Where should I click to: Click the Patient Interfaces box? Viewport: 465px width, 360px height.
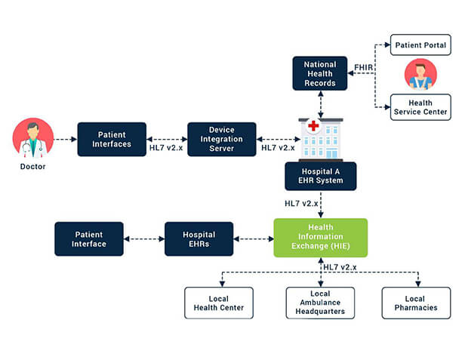[112, 139]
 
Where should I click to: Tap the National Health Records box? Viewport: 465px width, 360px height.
[320, 73]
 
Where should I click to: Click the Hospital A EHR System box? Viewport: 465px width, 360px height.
[320, 176]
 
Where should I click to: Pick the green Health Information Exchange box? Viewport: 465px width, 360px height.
[320, 238]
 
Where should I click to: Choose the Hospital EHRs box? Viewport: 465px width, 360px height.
[199, 238]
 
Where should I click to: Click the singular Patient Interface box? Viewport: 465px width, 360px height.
[89, 238]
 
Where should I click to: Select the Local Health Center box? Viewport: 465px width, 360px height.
[219, 302]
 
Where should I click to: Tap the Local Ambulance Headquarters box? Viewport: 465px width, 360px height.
[320, 302]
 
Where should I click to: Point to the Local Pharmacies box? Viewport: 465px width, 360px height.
[415, 302]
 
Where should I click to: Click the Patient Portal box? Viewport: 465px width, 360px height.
[420, 45]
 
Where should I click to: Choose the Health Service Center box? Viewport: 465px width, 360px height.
[420, 107]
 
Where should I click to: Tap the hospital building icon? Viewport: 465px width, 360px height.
[321, 139]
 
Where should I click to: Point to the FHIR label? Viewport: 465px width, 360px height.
[363, 67]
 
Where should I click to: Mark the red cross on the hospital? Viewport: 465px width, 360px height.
[313, 126]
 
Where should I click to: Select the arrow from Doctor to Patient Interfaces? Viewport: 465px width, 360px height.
[66, 139]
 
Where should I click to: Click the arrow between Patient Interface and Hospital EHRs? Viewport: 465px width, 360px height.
[144, 238]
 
